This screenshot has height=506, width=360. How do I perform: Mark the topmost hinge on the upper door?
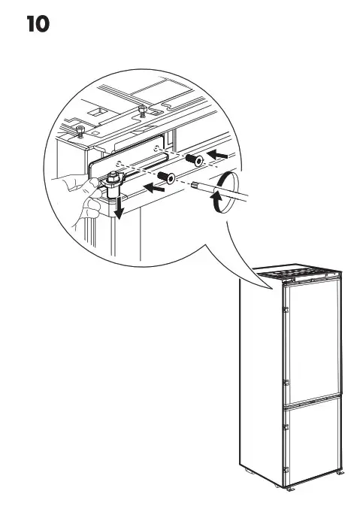tap(286, 308)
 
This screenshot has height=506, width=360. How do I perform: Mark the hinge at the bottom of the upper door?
tap(286, 382)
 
